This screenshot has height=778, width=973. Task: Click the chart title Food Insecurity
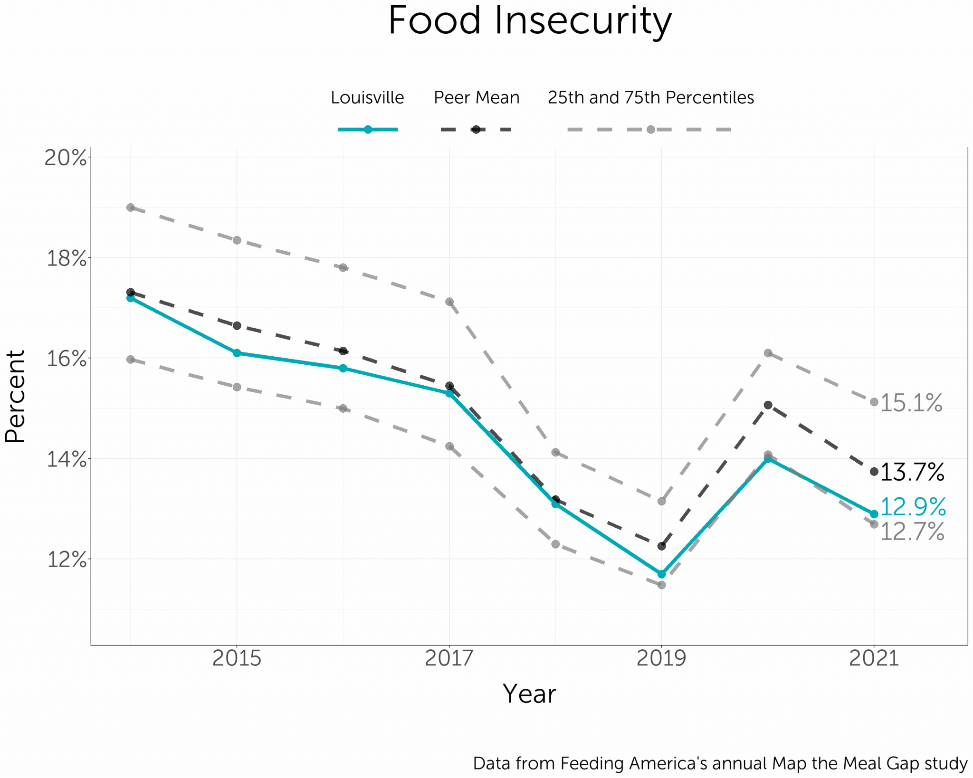(x=529, y=21)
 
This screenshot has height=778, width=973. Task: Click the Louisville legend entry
(x=367, y=97)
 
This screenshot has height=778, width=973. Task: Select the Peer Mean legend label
(x=477, y=97)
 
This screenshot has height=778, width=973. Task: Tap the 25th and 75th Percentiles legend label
(x=650, y=97)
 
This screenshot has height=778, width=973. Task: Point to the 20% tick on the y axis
(x=66, y=158)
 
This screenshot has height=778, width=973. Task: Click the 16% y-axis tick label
(x=66, y=359)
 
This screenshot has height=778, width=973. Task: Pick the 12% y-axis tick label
(x=66, y=560)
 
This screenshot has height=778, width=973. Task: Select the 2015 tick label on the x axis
(x=237, y=658)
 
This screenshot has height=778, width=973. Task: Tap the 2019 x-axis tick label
(x=661, y=658)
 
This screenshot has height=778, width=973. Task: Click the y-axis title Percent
(x=15, y=397)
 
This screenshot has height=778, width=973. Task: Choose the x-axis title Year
(x=529, y=694)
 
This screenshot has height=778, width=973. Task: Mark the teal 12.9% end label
(x=913, y=507)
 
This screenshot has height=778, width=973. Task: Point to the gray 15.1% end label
(x=911, y=403)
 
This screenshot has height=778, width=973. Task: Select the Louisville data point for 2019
(x=661, y=574)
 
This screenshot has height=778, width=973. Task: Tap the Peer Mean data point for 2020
(x=768, y=405)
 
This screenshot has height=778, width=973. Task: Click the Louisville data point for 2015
(x=237, y=353)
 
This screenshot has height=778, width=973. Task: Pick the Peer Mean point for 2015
(x=237, y=325)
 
